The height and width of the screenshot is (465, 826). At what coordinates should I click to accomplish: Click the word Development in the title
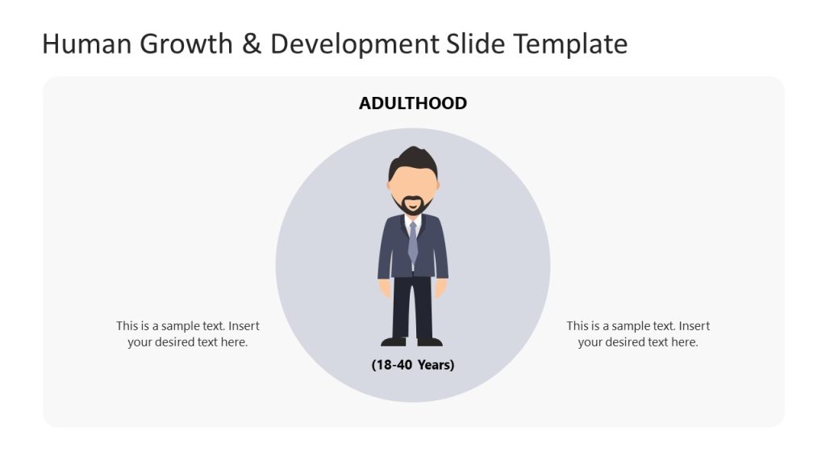[354, 44]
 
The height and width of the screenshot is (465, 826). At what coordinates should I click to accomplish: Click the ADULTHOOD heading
[413, 103]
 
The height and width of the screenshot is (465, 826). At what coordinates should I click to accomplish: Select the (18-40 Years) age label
[413, 365]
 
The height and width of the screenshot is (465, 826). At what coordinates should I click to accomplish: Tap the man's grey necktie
[413, 242]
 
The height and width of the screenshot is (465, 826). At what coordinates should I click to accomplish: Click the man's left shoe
[394, 341]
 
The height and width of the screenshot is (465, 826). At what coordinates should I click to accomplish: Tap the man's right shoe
[430, 341]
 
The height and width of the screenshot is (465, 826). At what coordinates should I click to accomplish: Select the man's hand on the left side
[386, 287]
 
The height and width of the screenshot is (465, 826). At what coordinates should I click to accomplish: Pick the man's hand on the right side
[440, 287]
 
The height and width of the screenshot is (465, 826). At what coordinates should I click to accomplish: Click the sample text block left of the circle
[188, 334]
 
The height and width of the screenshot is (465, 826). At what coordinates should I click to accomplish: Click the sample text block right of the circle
[638, 334]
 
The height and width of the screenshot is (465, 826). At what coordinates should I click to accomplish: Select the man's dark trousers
[413, 307]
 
